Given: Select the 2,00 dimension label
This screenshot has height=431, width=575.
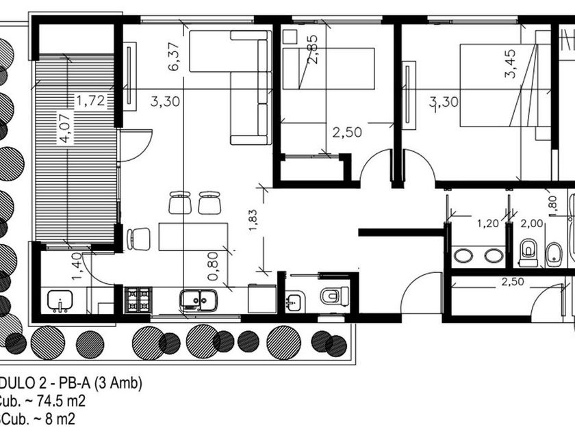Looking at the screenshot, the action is coord(531,222).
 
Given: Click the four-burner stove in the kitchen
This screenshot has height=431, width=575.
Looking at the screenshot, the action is coord(140,300).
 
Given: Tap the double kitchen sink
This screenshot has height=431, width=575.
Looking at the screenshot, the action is coord(199,300).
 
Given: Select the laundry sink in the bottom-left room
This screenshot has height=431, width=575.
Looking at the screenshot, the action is coord(58,300).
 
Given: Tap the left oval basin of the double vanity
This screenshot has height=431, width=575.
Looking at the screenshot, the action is coord(463,256).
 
